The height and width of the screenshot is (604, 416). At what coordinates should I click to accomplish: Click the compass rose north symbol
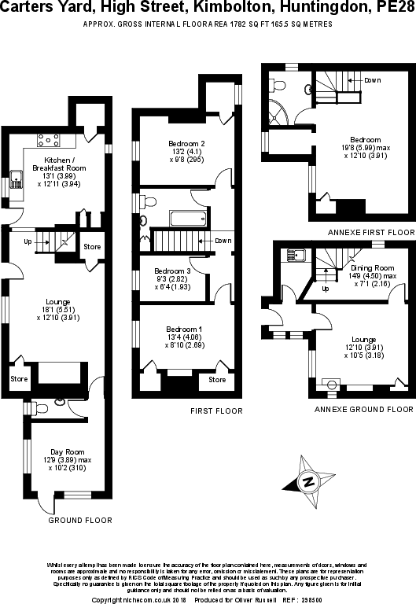[310, 481]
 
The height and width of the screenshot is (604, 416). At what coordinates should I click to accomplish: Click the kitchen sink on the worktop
[17, 175]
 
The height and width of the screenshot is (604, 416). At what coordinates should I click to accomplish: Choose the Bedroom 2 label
[186, 144]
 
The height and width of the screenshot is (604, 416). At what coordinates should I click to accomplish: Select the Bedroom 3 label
[173, 271]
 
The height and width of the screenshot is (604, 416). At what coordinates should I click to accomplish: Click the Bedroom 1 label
[184, 329]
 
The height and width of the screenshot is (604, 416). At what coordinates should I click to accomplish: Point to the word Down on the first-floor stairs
[223, 240]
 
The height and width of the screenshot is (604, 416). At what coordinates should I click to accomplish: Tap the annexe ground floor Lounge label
[355, 337]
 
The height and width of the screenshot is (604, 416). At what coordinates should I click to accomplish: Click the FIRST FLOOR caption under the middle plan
[216, 411]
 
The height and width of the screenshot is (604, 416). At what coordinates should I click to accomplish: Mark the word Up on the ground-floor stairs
[28, 241]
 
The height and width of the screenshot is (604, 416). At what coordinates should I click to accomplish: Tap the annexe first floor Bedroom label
[366, 140]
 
